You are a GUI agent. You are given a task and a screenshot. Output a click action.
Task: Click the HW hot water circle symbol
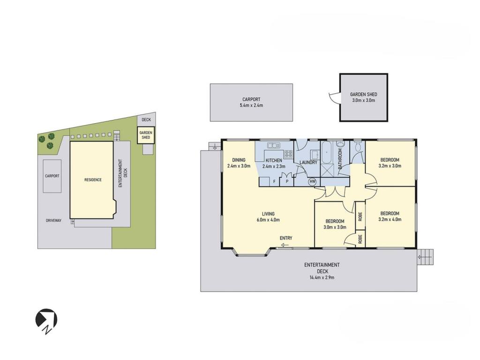[312, 182]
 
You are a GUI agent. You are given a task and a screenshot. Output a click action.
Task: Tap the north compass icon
[46, 321]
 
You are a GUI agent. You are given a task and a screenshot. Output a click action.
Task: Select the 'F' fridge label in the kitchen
[275, 181]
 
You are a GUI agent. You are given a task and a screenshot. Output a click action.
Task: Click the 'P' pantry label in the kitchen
[287, 181]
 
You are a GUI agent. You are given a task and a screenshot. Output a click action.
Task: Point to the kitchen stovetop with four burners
[288, 154]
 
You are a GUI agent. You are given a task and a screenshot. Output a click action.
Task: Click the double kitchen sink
[272, 145]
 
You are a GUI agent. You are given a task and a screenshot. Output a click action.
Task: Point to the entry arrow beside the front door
[285, 245]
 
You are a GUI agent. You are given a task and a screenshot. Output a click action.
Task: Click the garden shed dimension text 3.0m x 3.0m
[363, 100]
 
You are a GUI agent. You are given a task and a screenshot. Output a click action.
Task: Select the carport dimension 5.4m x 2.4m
[251, 105]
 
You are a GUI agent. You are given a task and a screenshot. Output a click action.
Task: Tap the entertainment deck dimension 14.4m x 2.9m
[322, 277]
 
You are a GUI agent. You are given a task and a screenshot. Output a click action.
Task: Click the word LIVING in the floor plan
[268, 214]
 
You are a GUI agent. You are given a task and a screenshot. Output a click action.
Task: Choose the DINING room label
[239, 160]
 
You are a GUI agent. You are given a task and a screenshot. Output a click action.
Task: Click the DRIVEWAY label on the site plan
[53, 220]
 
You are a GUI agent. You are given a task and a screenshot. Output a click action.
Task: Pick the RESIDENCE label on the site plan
[93, 180]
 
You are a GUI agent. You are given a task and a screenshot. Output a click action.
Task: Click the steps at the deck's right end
[426, 257]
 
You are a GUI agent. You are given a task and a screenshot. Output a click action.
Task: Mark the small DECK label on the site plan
[146, 120]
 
